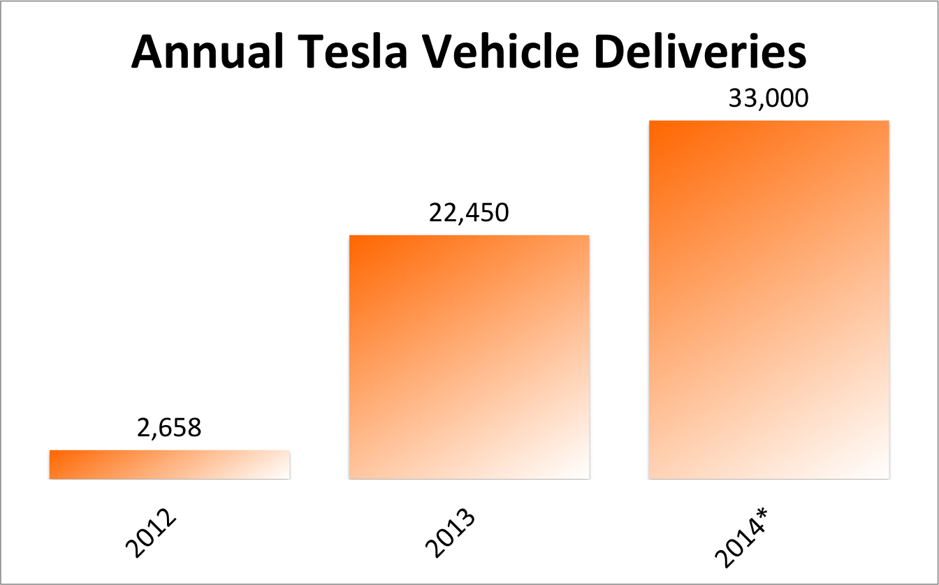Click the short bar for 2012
pos(169,465)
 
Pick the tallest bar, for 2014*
pos(769,300)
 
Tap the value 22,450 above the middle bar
pos(469,212)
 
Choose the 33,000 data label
pos(769,98)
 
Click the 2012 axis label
pos(152,536)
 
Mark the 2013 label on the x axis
pos(451,536)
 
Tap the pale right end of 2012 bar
pos(283,465)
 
